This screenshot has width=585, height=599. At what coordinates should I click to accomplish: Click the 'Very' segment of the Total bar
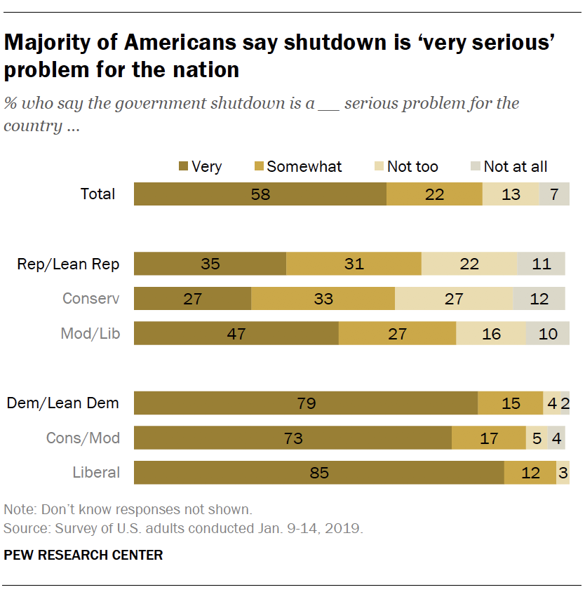pyautogui.click(x=260, y=194)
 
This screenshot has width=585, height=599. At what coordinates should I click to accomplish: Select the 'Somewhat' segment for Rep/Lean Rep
pyautogui.click(x=354, y=264)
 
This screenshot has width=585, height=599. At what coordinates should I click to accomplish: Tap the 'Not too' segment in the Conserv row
pyautogui.click(x=454, y=299)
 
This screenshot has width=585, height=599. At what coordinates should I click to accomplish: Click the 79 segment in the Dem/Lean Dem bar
pyautogui.click(x=306, y=403)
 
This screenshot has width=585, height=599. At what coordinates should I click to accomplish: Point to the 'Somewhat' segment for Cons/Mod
pyautogui.click(x=488, y=438)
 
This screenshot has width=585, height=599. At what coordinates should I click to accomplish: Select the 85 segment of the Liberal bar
pyautogui.click(x=319, y=473)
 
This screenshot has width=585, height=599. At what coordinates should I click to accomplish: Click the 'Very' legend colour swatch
pyautogui.click(x=184, y=167)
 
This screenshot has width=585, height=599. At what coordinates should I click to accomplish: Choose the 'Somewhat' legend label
pyautogui.click(x=304, y=167)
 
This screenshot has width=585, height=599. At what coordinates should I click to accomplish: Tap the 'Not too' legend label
pyautogui.click(x=412, y=167)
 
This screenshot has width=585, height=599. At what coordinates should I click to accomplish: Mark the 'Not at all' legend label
pyautogui.click(x=516, y=167)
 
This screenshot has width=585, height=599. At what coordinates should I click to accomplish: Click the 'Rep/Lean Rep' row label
pyautogui.click(x=68, y=264)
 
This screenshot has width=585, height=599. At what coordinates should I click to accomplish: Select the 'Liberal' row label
pyautogui.click(x=96, y=473)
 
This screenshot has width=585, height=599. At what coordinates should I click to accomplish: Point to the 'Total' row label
pyautogui.click(x=97, y=194)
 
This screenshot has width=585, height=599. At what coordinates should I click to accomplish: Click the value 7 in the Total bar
pyautogui.click(x=554, y=194)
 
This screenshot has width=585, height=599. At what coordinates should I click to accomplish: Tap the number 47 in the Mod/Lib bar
pyautogui.click(x=236, y=334)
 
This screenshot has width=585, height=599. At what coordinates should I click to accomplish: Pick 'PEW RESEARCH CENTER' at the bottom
pyautogui.click(x=83, y=556)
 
